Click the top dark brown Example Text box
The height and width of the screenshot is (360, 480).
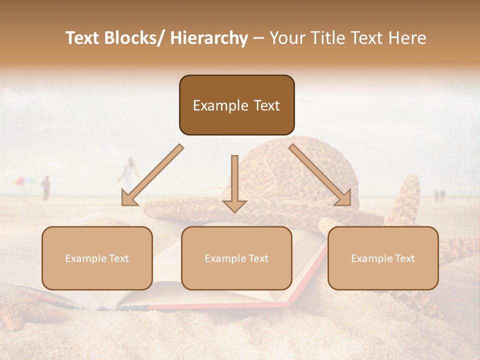point(236,105)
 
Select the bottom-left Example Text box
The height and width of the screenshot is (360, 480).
point(97,258)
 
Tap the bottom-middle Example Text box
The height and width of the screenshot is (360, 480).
point(236,258)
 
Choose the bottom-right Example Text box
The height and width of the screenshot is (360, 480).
point(383,258)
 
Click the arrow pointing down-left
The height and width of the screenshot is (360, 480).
point(152,175)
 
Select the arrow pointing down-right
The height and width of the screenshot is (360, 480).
point(320,175)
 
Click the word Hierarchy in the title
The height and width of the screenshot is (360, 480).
point(209,38)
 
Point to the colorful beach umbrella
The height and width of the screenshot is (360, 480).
point(24,181)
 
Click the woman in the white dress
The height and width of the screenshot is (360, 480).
point(130,172)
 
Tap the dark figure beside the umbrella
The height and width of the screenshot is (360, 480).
point(45,187)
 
